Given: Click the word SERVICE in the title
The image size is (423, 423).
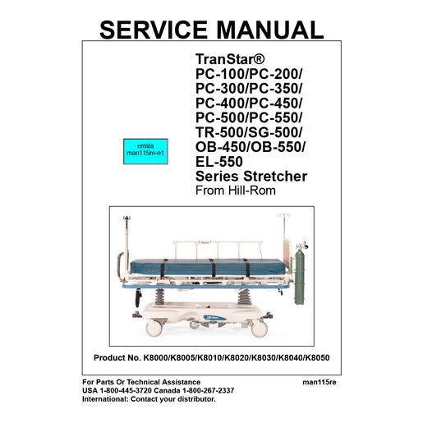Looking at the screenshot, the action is tap(154, 30).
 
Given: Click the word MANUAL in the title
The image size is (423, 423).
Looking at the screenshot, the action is tap(270, 30).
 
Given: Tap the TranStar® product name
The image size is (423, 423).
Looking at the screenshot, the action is tap(230, 59).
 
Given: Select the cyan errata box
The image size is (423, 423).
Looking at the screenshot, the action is tap(145, 151).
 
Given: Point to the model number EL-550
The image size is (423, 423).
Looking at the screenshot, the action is tap(219, 162).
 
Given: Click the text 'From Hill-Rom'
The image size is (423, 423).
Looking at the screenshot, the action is tap(236, 191).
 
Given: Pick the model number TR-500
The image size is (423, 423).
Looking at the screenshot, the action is tap(219, 132).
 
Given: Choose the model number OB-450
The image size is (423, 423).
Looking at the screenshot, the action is tap(221, 147).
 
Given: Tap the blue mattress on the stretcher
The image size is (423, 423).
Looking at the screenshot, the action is tap(208, 267).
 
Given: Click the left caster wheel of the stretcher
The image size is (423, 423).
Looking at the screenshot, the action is tap(154, 328).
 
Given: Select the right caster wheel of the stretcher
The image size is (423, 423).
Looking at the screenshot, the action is tap(260, 329).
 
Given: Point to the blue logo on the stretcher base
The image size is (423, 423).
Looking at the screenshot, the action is tap(214, 318).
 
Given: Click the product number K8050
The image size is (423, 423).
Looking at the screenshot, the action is tap(317, 358).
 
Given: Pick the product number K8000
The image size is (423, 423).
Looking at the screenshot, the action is tap(156, 358).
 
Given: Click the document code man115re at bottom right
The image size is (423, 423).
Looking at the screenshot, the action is tap(320, 382).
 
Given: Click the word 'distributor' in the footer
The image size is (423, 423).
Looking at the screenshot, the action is tap(195, 399).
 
